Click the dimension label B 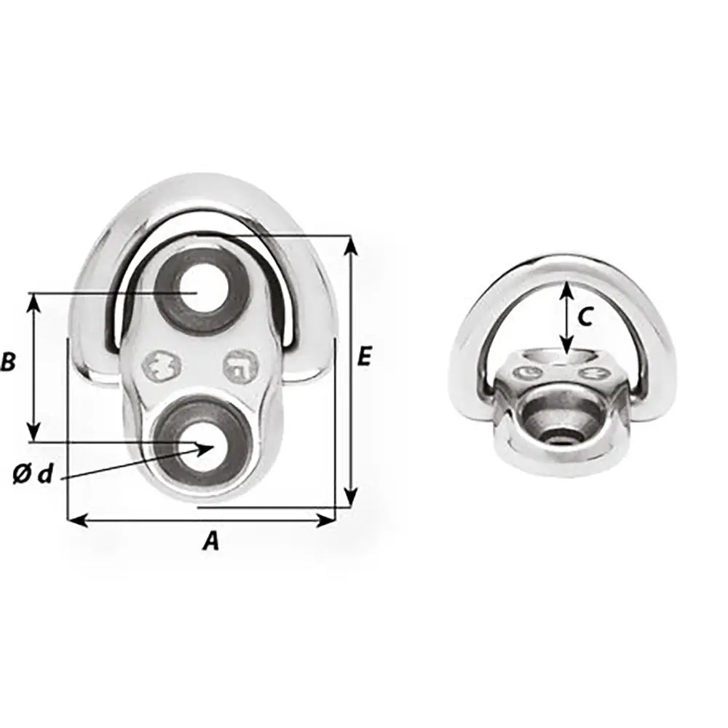tap(8, 362)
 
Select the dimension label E tap(365, 357)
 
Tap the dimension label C tap(585, 317)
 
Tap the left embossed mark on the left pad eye tap(162, 366)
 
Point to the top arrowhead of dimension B tap(33, 301)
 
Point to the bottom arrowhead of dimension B tap(33, 434)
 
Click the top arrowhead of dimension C tap(566, 290)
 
